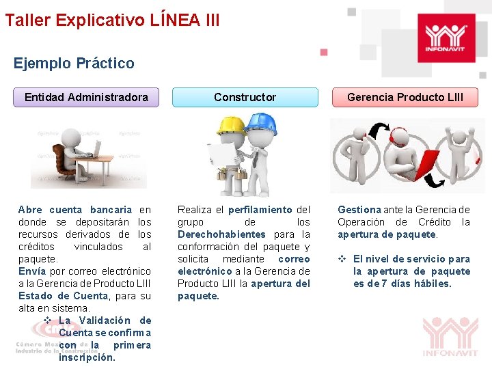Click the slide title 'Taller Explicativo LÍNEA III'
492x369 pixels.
[x=112, y=20]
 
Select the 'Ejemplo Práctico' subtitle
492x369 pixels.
[x=74, y=64]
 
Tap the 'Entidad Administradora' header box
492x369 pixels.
[x=86, y=97]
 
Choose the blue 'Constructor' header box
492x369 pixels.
[x=245, y=97]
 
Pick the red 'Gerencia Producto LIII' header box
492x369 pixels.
[x=405, y=97]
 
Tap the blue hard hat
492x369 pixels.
[x=260, y=122]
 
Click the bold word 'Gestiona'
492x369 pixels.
[x=359, y=210]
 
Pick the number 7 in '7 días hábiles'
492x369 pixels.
[x=385, y=284]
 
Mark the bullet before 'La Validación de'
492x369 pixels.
[x=48, y=320]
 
